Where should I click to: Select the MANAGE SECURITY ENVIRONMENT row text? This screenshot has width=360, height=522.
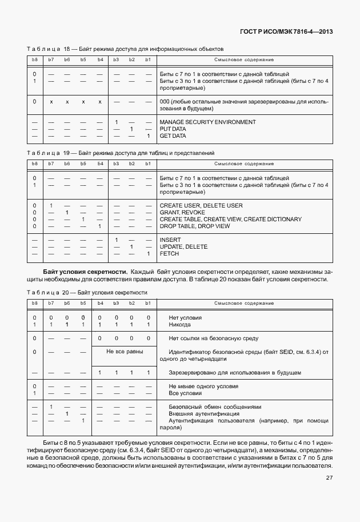[x=207, y=122]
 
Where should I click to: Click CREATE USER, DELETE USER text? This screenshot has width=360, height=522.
[x=201, y=206]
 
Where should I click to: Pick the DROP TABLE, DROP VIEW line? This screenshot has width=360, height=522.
[x=195, y=226]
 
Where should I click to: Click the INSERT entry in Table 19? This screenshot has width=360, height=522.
[x=170, y=240]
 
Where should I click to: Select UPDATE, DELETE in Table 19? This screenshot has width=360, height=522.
[x=183, y=247]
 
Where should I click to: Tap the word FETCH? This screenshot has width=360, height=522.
[x=169, y=254]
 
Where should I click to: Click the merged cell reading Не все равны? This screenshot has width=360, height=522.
[x=125, y=352]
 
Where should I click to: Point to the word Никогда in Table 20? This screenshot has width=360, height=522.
[x=181, y=325]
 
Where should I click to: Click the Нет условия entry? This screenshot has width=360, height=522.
[x=185, y=318]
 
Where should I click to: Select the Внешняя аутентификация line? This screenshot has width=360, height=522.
[x=204, y=414]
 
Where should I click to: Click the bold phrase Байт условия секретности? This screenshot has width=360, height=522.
[x=85, y=271]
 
